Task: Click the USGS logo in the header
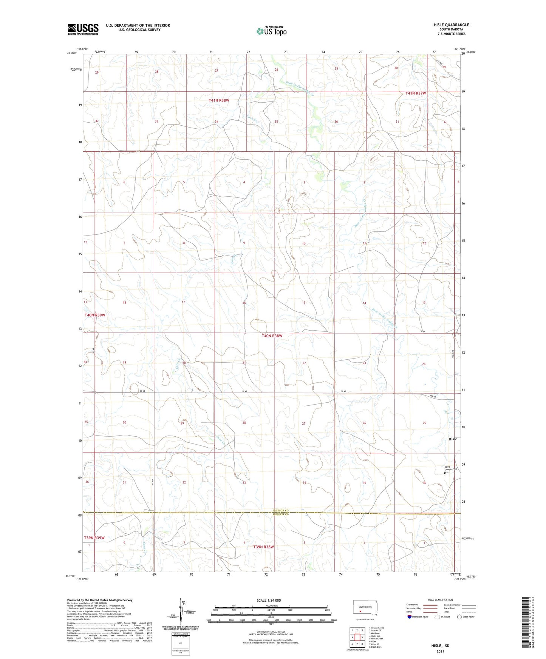point(83,29)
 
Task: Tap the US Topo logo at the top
point(271,31)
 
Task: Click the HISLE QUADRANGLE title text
point(451,25)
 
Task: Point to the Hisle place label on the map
point(452,439)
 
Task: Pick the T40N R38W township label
point(272,336)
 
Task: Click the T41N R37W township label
point(416,93)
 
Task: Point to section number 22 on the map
point(304,363)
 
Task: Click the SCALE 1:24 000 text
point(269,600)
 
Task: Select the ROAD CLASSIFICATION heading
point(441,600)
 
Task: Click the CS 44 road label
point(422,331)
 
